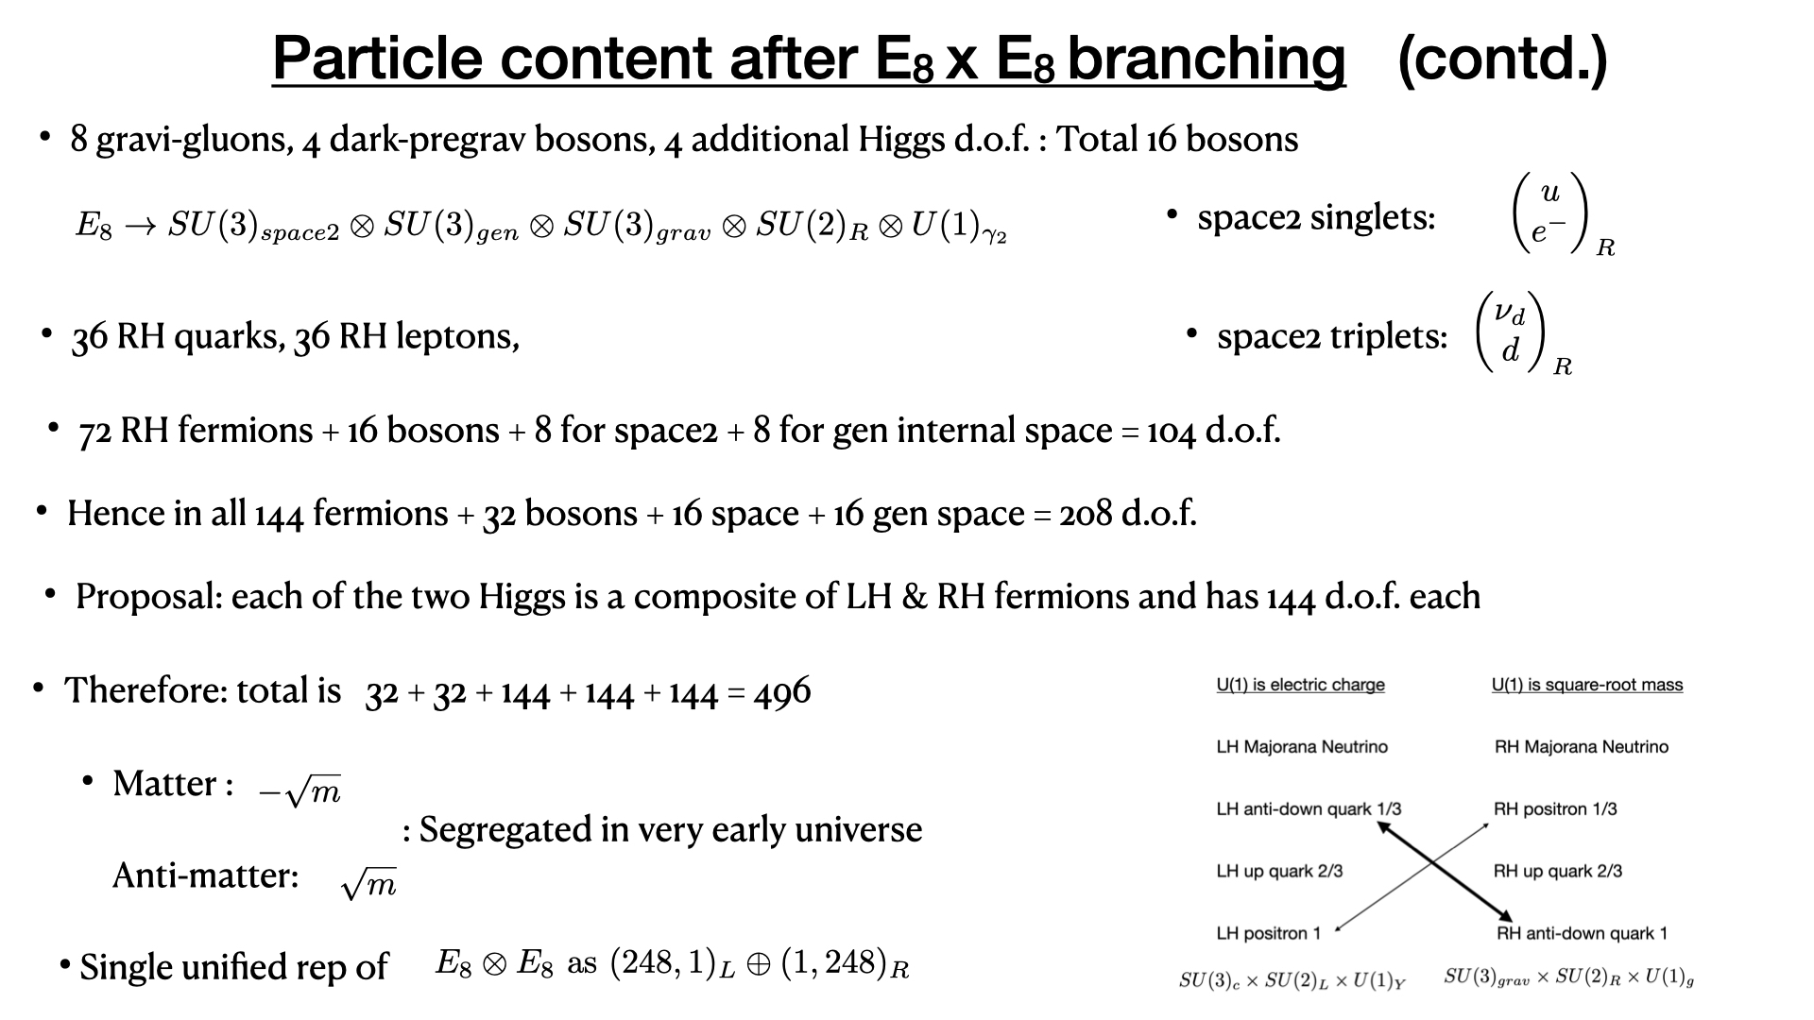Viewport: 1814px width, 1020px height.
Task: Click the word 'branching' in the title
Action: (1206, 59)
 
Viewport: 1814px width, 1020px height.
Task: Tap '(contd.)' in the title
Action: (1502, 59)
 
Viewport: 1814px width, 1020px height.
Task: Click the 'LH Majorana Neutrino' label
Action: (1302, 747)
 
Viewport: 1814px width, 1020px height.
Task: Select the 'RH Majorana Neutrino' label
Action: (1582, 747)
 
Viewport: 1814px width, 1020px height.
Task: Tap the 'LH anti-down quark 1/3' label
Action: (1309, 809)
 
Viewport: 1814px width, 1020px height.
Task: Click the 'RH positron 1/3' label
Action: (1555, 809)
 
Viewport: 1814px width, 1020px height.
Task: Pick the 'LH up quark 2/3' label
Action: (1279, 872)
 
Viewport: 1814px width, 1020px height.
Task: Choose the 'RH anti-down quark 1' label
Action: (1582, 934)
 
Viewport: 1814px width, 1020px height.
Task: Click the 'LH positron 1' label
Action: (1269, 934)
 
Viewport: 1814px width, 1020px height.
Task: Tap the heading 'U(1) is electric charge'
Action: (1300, 685)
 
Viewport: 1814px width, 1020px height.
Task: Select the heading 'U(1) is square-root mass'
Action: (1587, 685)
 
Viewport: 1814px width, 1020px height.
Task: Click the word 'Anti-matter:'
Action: (205, 875)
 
